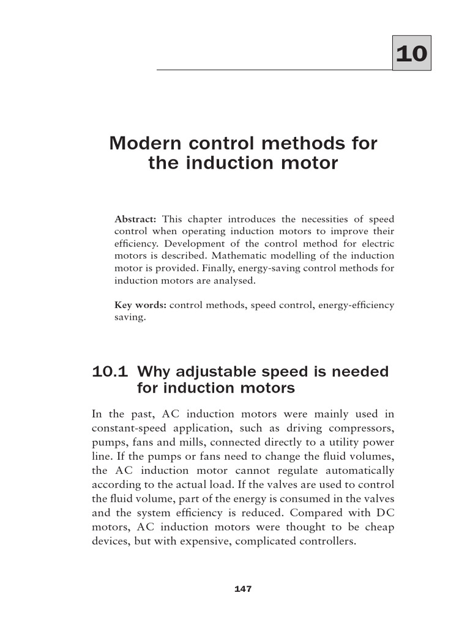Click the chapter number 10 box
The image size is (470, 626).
coord(411,53)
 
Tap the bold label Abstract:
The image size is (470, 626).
coord(136,219)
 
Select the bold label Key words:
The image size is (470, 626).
coord(140,305)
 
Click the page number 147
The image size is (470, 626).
coord(243,589)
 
